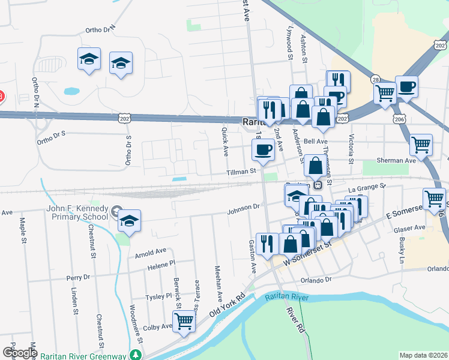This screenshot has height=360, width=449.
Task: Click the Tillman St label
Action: [x=241, y=171]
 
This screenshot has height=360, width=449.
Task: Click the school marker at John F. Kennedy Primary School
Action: [x=129, y=220]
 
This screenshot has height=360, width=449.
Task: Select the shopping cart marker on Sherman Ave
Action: [x=421, y=144]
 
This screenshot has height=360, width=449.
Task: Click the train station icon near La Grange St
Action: [x=319, y=184]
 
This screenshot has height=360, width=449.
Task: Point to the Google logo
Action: [x=20, y=353]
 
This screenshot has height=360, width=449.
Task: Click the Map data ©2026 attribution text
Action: [x=423, y=355]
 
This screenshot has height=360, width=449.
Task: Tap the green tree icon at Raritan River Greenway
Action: [x=137, y=355]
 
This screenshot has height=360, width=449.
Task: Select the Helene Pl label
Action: [x=163, y=263]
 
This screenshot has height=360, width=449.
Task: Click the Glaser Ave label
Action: [x=409, y=228]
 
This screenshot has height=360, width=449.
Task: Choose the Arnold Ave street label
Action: [x=151, y=253]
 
